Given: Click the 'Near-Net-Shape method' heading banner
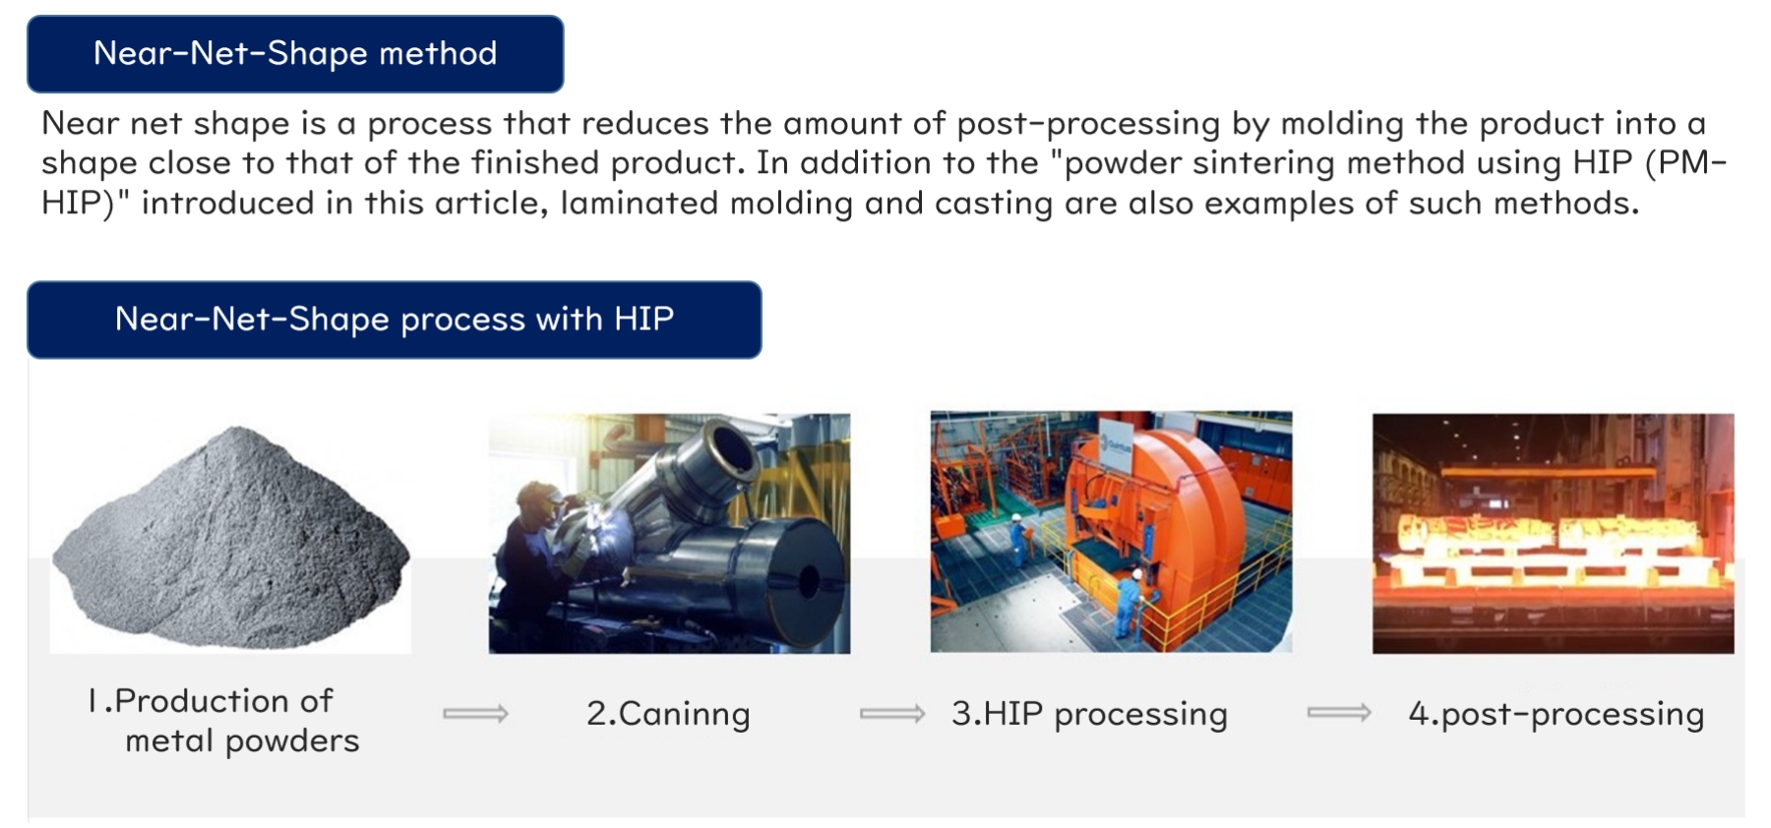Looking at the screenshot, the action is pos(295,54).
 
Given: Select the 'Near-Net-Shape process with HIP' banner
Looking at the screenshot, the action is pos(395,320).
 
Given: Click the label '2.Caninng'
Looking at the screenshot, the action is pos(668,714).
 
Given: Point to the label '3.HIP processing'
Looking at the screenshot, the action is pos(1089,714).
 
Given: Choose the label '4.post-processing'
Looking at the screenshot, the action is pos(1556,714).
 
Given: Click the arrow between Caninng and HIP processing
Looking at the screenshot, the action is pos(891,713).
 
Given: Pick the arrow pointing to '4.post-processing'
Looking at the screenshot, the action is pos(1338,712).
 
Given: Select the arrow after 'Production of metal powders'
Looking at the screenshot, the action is pos(475,713).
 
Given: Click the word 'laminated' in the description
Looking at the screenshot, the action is pos(640,204).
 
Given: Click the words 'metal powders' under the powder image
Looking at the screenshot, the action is pos(242,741).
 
